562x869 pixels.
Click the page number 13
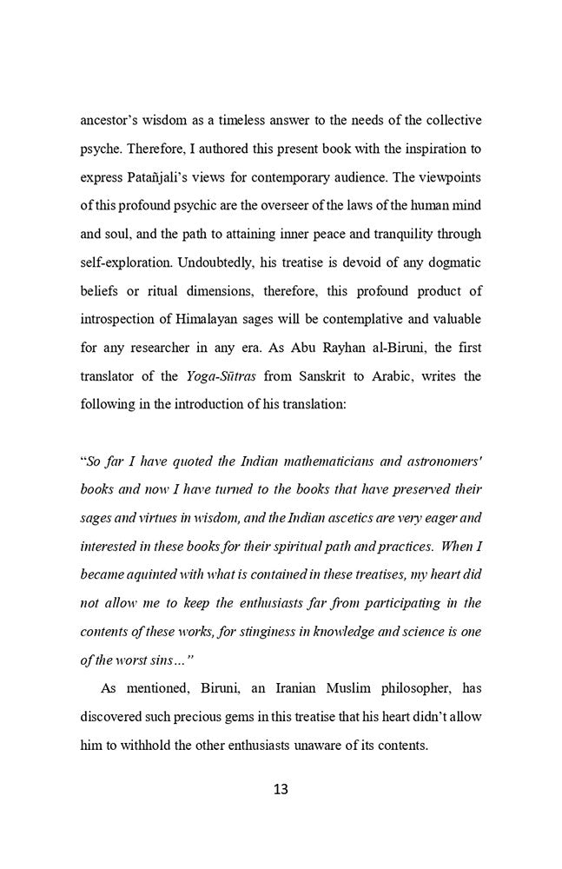[281, 789]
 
